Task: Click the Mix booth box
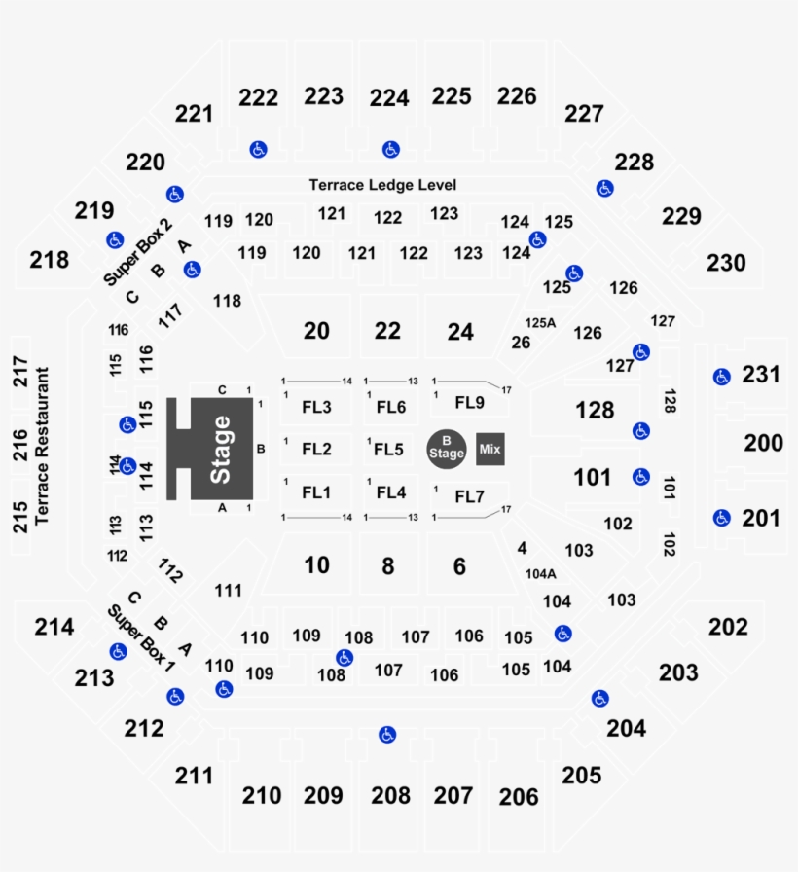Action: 490,449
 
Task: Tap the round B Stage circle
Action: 447,448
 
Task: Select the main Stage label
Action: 221,450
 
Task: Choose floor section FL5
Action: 390,449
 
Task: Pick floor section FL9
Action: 469,402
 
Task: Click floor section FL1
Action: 316,492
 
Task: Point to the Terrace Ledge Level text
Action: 382,185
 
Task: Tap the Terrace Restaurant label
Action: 41,447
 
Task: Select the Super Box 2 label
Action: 139,252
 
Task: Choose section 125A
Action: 540,322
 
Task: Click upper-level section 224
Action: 389,98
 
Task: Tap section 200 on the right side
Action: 763,443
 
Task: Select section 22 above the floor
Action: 387,331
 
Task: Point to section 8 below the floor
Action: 387,566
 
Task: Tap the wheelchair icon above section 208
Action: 387,735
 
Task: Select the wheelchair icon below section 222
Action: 258,150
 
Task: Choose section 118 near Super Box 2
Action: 227,301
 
